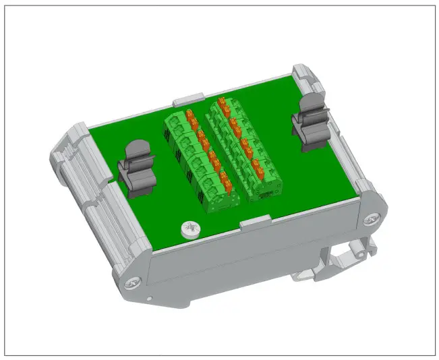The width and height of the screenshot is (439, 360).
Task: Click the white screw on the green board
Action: (189, 230)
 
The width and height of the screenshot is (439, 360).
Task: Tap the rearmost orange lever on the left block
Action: (191, 115)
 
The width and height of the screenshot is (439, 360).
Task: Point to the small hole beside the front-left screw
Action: (148, 297)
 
